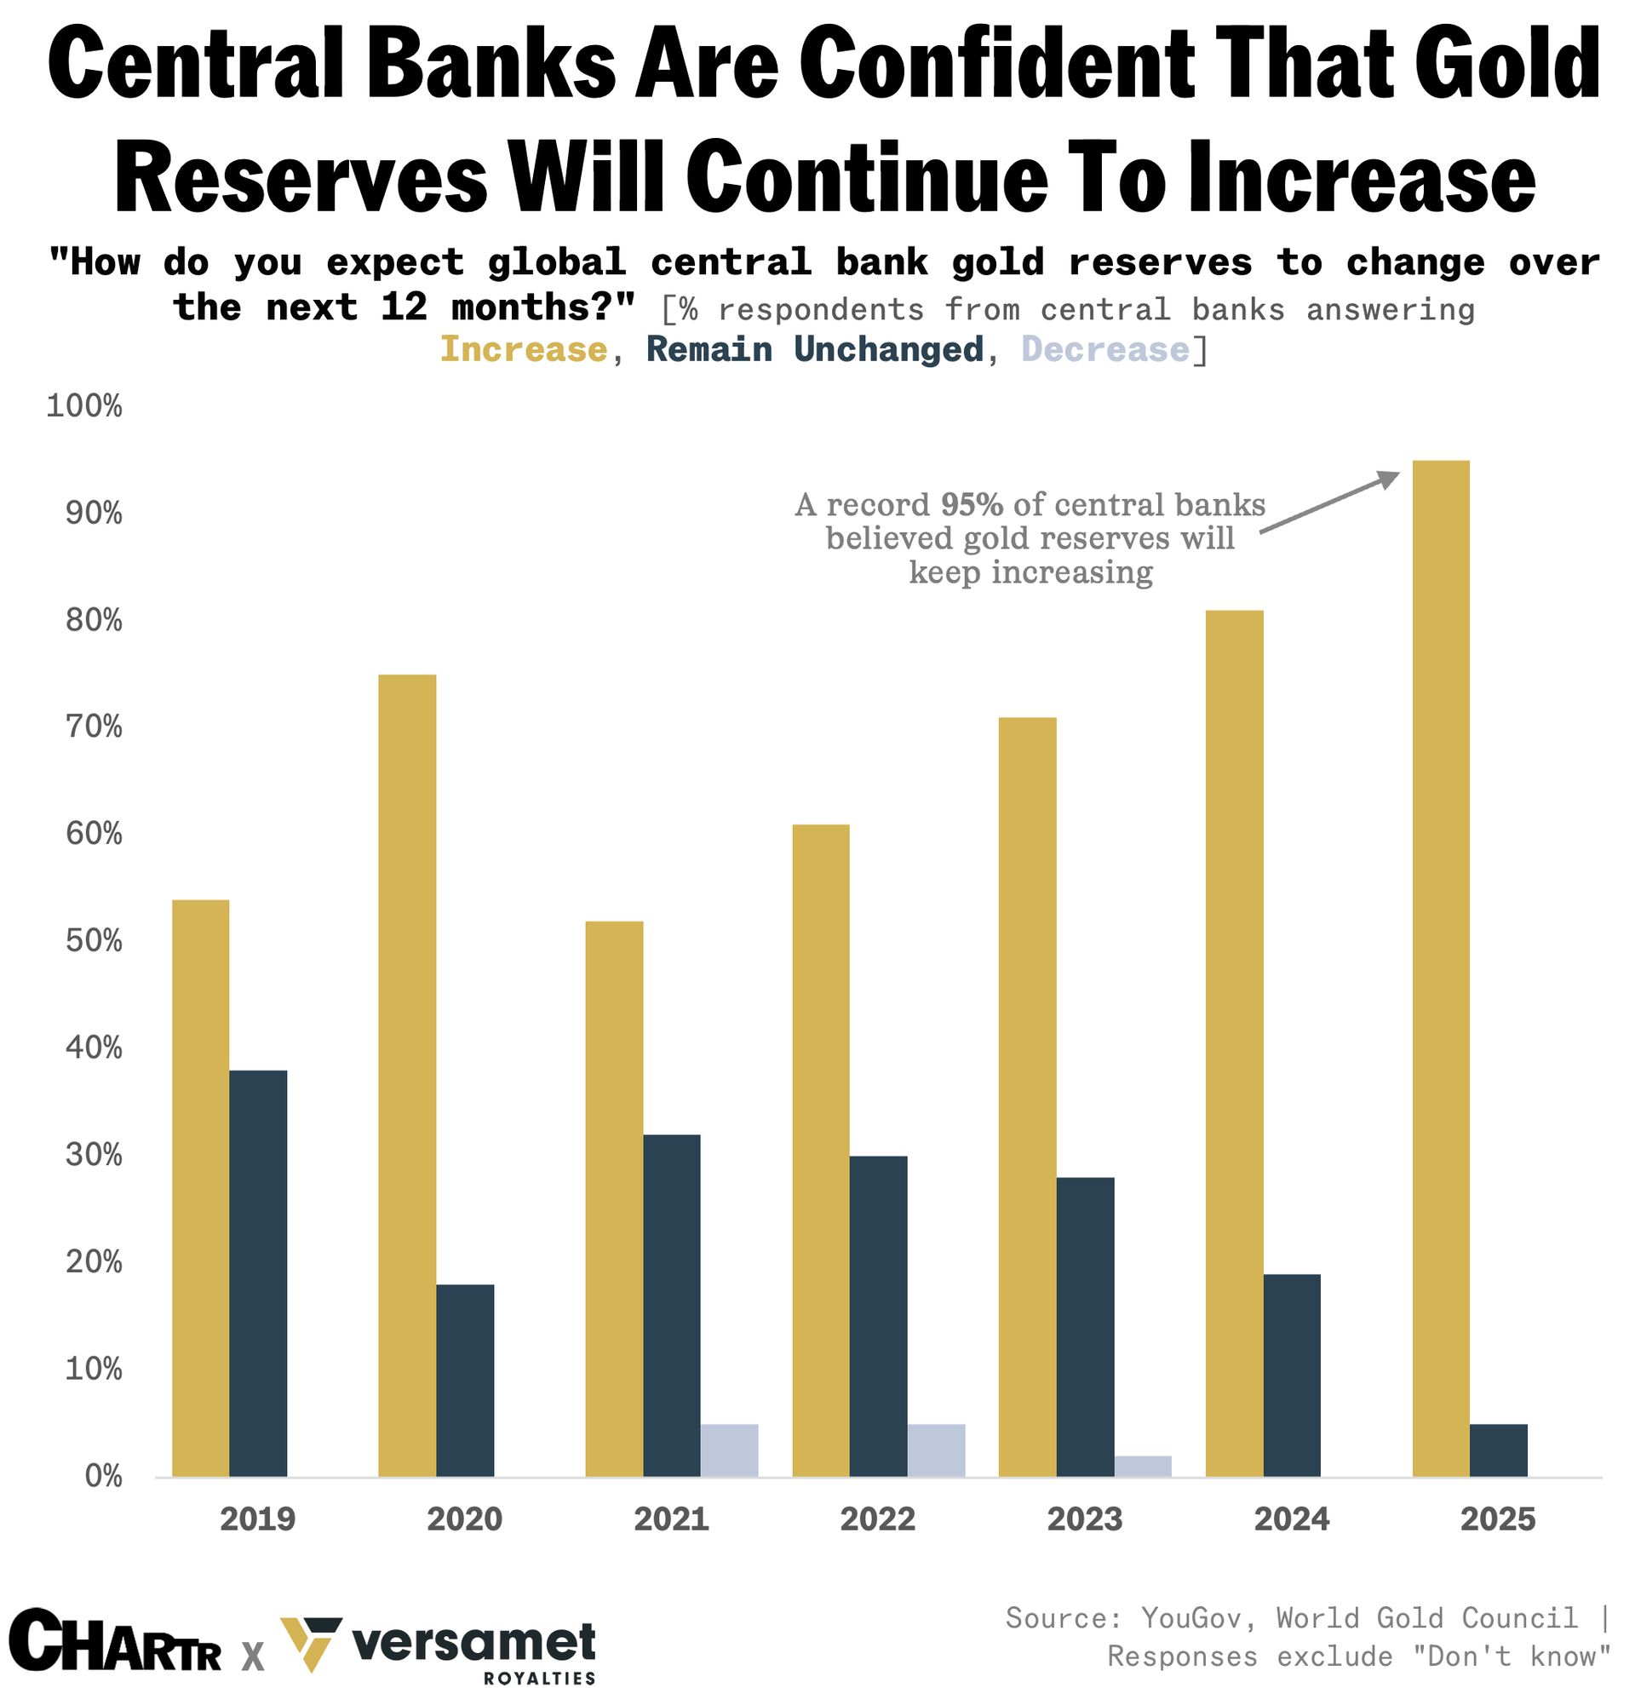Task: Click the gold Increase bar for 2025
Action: [x=1442, y=968]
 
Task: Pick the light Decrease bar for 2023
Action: [x=1143, y=1467]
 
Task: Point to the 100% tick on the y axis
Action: [x=83, y=405]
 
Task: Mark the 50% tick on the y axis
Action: [x=94, y=940]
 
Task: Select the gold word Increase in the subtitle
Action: [x=524, y=350]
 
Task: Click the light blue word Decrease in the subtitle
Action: [x=1105, y=350]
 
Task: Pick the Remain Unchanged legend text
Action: [x=814, y=350]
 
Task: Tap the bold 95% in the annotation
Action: [x=971, y=504]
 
